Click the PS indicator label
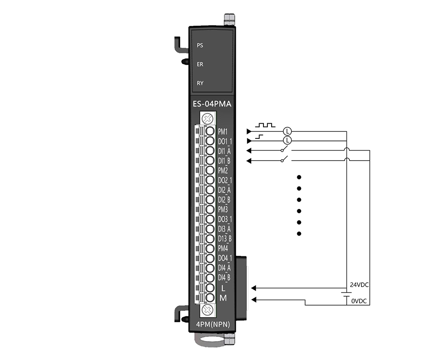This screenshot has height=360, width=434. click(200, 46)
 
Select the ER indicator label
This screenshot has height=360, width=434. click(200, 64)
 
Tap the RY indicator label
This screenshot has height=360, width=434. click(200, 83)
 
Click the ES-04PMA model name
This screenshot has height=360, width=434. click(212, 104)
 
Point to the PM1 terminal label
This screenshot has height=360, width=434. click(223, 131)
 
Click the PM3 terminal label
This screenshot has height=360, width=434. click(223, 209)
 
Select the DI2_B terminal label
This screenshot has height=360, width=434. click(224, 200)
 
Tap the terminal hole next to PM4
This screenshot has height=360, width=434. click(210, 248)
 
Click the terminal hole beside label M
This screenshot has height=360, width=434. click(210, 298)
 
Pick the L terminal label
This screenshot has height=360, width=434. click(223, 288)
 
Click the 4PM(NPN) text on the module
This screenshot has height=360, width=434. click(213, 324)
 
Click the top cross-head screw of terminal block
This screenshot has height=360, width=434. click(207, 119)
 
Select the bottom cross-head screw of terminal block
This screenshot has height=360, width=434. click(207, 310)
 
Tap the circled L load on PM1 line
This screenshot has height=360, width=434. click(288, 131)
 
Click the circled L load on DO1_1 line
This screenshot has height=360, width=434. click(288, 141)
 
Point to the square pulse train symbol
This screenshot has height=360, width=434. click(265, 125)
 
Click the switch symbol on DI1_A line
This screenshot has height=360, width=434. click(285, 150)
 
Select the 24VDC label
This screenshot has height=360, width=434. click(359, 285)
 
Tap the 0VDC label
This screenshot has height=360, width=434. click(359, 301)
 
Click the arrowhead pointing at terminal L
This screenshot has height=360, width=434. click(253, 288)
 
